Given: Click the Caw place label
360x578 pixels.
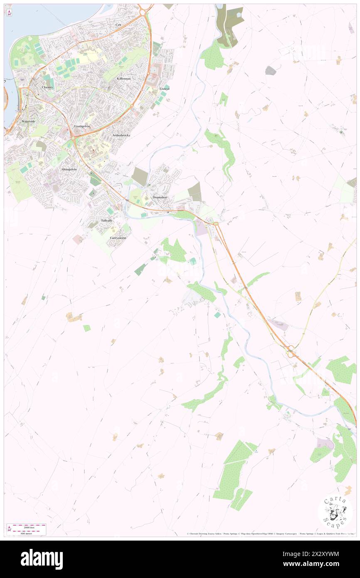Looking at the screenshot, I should pos(118,25).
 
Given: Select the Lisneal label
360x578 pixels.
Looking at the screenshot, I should pos(165,89).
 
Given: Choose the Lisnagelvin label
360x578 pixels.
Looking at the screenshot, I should pos(82,126).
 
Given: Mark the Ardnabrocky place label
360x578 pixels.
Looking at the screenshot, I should pos(121,136).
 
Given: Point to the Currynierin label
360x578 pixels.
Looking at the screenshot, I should pos(118,237).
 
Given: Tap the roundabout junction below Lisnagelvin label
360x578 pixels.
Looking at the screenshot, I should pos(74,135).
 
